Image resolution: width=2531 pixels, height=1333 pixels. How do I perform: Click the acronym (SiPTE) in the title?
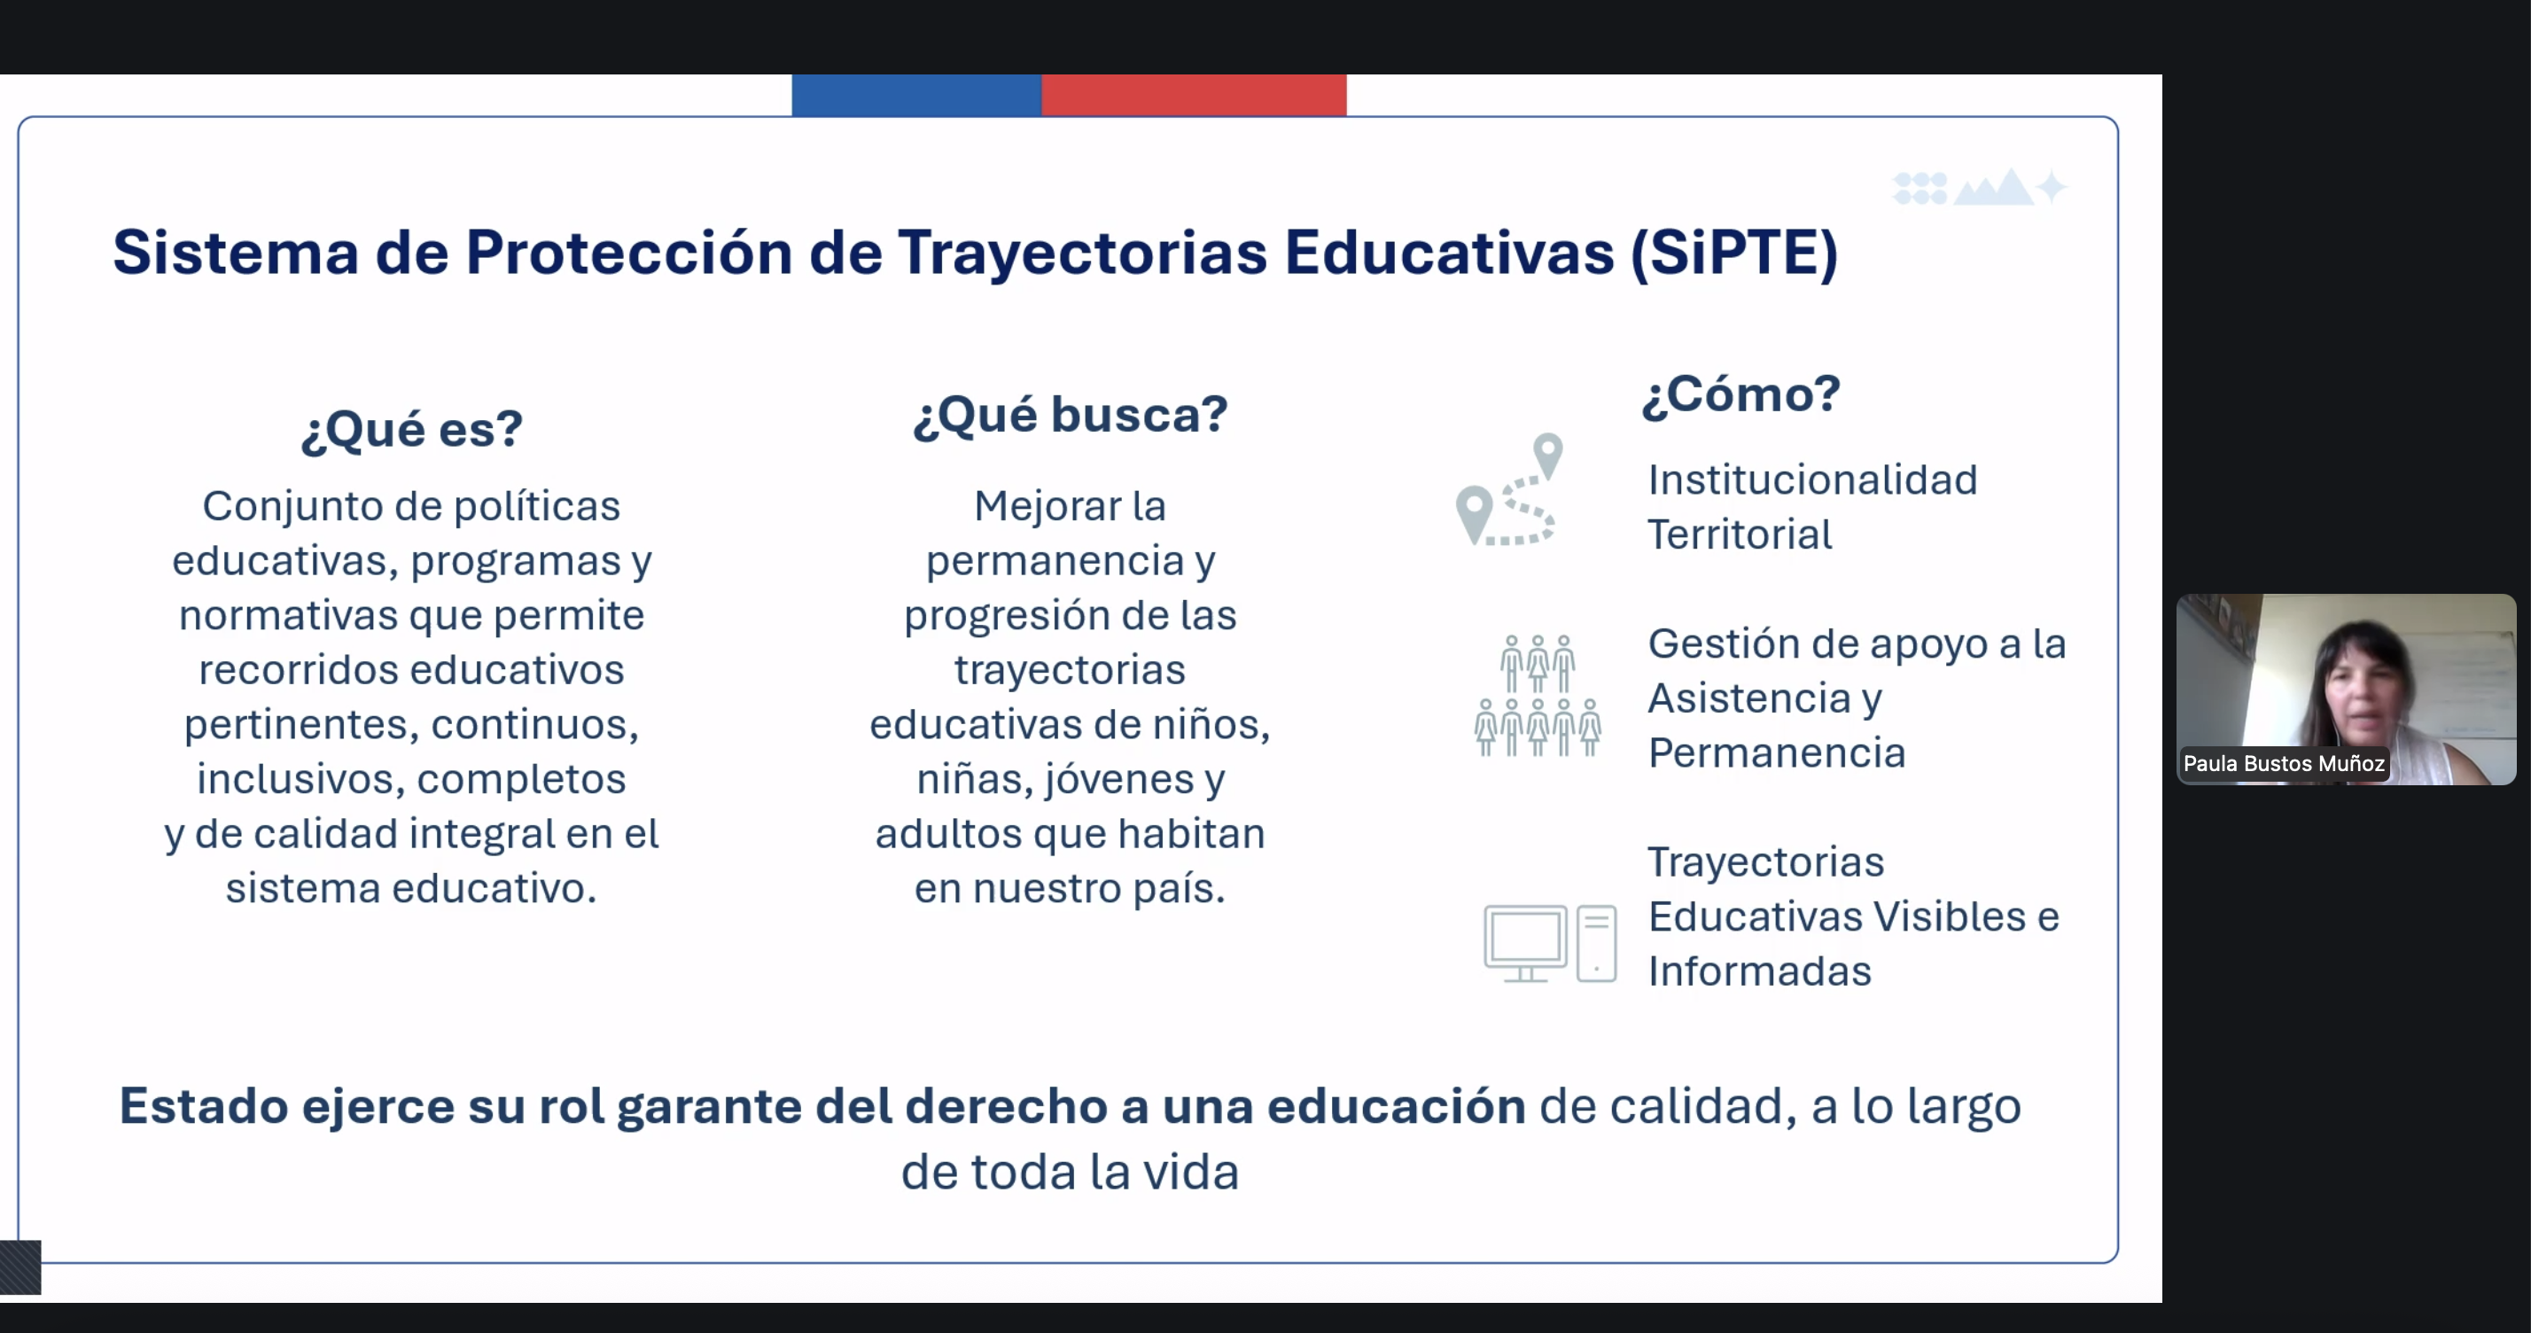tap(1734, 253)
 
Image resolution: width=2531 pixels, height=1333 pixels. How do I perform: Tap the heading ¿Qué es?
tap(412, 430)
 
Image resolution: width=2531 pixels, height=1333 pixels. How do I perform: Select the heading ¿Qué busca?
tap(1070, 415)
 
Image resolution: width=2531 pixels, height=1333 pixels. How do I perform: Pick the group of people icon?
tap(1538, 696)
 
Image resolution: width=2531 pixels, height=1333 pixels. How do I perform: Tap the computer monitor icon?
tap(1525, 943)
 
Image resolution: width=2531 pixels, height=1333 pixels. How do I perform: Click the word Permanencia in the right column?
tap(1777, 753)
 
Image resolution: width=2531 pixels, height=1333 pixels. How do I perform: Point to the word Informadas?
tap(1760, 971)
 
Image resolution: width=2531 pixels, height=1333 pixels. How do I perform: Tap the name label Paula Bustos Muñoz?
tap(2284, 763)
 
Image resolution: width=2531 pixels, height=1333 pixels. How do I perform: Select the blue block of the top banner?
tap(915, 96)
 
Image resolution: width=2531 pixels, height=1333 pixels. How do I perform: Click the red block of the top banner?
tap(1194, 96)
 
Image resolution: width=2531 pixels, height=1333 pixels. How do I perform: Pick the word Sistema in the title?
tap(236, 253)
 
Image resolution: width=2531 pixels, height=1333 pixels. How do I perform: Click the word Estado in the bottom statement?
tap(204, 1106)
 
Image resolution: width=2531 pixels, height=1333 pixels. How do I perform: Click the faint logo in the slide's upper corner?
tap(1979, 187)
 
